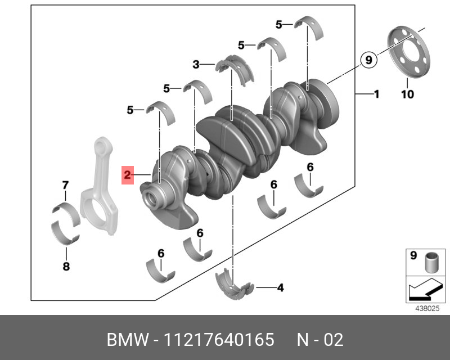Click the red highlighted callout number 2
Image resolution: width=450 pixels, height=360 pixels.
pyautogui.click(x=128, y=175)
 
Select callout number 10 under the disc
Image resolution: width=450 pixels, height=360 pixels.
pyautogui.click(x=407, y=94)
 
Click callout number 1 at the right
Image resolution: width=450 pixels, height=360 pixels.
pyautogui.click(x=376, y=94)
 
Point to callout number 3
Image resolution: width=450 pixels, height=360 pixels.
pyautogui.click(x=196, y=65)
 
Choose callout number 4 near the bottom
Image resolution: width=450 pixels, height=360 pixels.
pyautogui.click(x=280, y=289)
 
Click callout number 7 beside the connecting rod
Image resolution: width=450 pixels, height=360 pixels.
pyautogui.click(x=65, y=185)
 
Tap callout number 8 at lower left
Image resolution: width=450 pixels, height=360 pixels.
pyautogui.click(x=66, y=267)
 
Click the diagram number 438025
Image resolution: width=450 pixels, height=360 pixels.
pyautogui.click(x=426, y=308)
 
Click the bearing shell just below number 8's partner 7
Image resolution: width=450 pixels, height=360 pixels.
pyautogui.click(x=65, y=213)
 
